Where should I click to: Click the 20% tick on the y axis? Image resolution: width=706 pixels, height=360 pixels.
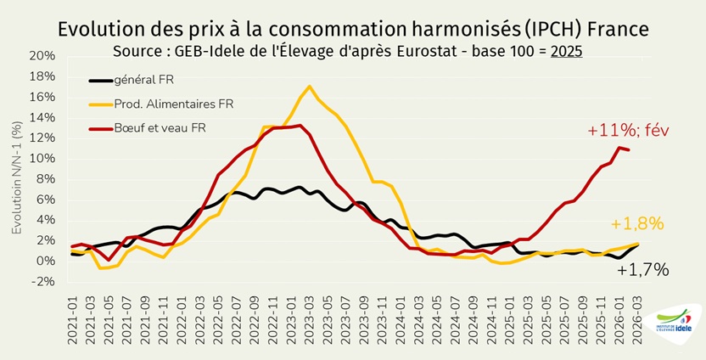tap(42, 56)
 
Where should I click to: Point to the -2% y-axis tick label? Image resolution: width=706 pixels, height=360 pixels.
tap(42, 282)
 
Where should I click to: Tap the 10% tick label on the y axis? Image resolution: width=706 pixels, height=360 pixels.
tap(42, 159)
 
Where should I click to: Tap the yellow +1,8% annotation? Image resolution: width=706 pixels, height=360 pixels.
tap(636, 224)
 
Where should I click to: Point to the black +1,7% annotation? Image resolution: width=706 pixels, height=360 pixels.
tap(642, 270)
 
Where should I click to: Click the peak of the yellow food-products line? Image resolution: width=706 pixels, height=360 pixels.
tap(309, 86)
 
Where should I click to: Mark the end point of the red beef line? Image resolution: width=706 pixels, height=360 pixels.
tap(628, 150)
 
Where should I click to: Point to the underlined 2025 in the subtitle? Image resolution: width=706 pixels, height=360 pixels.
tap(566, 50)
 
